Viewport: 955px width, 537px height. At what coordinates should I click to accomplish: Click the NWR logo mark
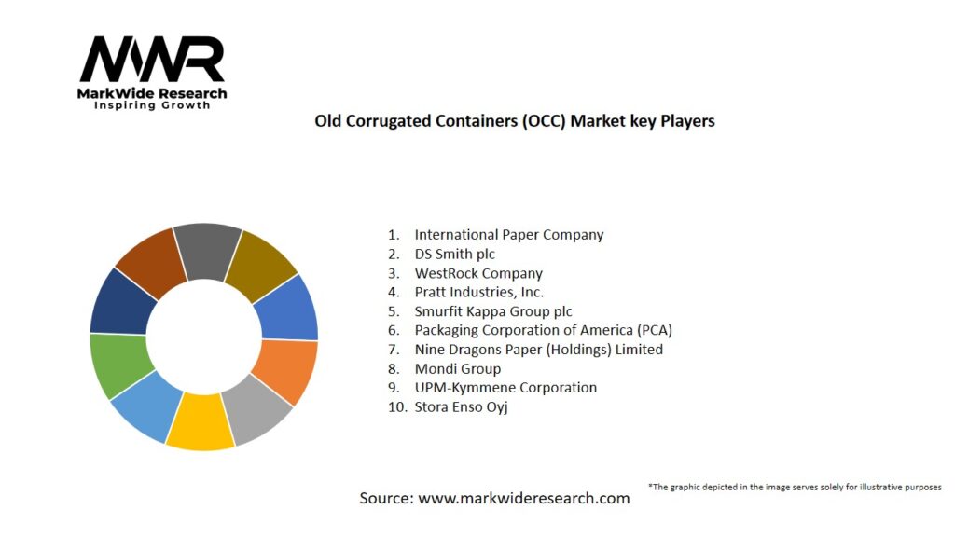(x=152, y=60)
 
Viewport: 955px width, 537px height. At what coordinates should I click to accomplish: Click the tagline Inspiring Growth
(x=152, y=105)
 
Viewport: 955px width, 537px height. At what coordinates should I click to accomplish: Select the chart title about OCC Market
(x=514, y=121)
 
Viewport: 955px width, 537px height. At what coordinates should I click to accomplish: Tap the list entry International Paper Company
(x=508, y=235)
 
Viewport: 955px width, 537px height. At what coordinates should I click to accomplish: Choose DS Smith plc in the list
(x=455, y=254)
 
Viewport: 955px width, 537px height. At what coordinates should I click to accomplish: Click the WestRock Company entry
(x=478, y=273)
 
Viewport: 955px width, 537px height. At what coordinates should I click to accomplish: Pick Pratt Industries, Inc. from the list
(x=479, y=292)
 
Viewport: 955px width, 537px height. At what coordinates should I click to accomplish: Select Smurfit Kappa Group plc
(x=493, y=311)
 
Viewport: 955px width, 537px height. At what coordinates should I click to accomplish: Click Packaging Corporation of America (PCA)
(x=543, y=330)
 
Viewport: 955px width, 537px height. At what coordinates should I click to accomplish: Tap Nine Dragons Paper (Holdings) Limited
(x=538, y=350)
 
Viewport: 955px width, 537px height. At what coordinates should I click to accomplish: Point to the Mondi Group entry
(x=458, y=368)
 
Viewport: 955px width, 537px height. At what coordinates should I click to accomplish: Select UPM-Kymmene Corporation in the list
(x=505, y=387)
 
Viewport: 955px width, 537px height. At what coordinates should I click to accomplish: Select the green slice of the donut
(x=116, y=364)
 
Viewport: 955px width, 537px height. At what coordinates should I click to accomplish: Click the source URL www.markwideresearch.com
(x=523, y=499)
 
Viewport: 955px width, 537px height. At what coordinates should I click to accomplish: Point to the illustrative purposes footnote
(x=795, y=487)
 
